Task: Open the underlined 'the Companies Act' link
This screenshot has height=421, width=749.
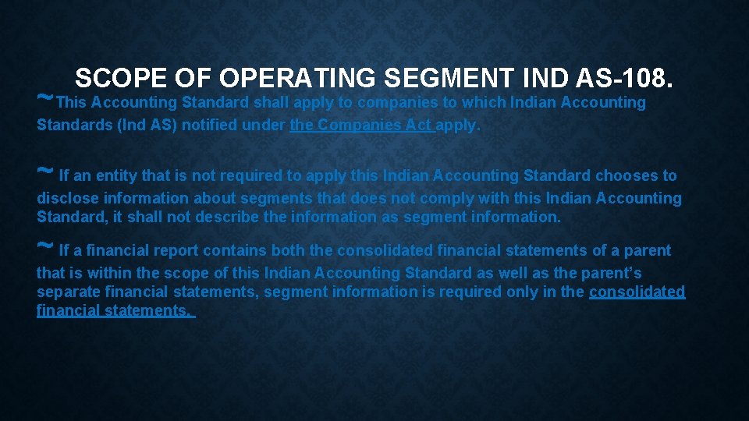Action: click(362, 126)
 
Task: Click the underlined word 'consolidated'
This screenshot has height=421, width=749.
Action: click(637, 292)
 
